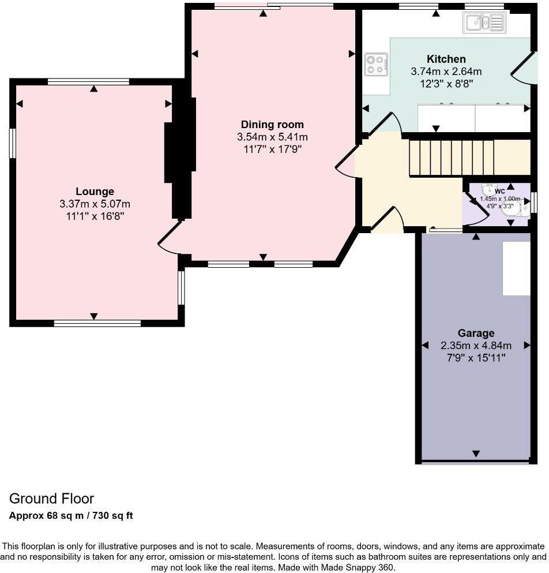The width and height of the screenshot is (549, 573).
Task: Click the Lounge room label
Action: (x=95, y=192)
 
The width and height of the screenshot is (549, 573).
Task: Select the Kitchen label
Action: (x=446, y=59)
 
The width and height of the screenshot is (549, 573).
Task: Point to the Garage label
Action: (x=476, y=333)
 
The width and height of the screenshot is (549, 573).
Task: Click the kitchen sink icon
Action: (x=484, y=23)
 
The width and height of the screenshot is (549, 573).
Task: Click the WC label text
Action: (x=499, y=191)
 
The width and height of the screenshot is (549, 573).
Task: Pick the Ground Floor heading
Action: (x=51, y=499)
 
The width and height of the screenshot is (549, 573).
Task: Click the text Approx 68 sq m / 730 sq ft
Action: (x=71, y=515)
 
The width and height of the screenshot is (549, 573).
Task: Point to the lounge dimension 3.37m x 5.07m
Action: (x=95, y=204)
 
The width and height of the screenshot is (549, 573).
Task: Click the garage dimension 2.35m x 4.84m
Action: (x=476, y=346)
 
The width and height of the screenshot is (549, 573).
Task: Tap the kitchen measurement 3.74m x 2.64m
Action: (x=446, y=72)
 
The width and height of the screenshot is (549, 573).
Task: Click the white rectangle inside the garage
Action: (x=516, y=268)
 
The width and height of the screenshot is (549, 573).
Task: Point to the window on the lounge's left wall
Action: (x=12, y=143)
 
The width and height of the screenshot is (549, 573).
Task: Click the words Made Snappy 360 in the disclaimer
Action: (x=359, y=568)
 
